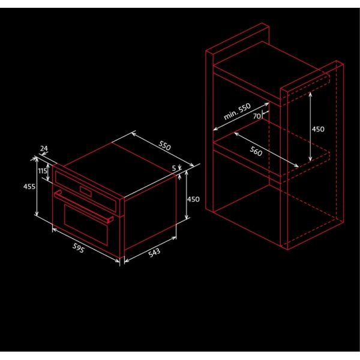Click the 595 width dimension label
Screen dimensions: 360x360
pyautogui.click(x=78, y=248)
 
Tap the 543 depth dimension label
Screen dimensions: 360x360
pyautogui.click(x=154, y=253)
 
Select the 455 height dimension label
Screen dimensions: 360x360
pyautogui.click(x=29, y=187)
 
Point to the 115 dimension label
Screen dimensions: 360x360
pyautogui.click(x=43, y=171)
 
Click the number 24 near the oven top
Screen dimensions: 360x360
pyautogui.click(x=44, y=149)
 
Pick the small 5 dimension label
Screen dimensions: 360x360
pyautogui.click(x=174, y=168)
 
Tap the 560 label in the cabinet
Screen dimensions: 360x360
pyautogui.click(x=256, y=151)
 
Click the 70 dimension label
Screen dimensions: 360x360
pyautogui.click(x=257, y=116)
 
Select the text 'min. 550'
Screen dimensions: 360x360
pyautogui.click(x=237, y=112)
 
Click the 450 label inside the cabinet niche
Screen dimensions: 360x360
pyautogui.click(x=318, y=129)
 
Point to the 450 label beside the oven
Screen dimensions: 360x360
pyautogui.click(x=193, y=199)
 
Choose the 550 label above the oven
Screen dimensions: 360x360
pyautogui.click(x=164, y=146)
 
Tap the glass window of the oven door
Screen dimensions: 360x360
pyautogui.click(x=86, y=224)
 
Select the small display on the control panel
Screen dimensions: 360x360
pyautogui.click(x=86, y=191)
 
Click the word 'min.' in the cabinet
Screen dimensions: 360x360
pyautogui.click(x=230, y=115)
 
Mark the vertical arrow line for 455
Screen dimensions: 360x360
pyautogui.click(x=37, y=186)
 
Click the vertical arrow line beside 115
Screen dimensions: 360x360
pyautogui.click(x=48, y=172)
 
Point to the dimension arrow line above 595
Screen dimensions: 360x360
pyautogui.click(x=86, y=245)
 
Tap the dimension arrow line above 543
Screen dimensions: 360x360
pyautogui.click(x=151, y=250)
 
